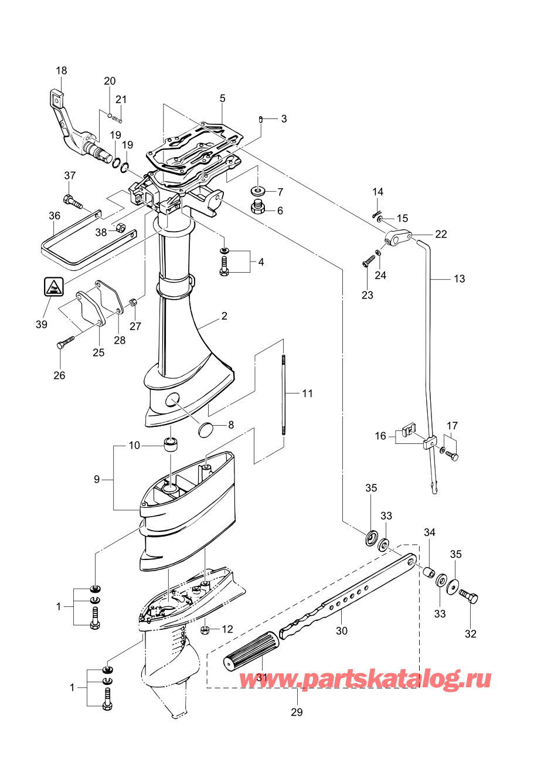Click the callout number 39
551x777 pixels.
pyautogui.click(x=41, y=324)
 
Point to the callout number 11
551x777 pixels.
pyautogui.click(x=308, y=393)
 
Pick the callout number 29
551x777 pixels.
pyautogui.click(x=297, y=712)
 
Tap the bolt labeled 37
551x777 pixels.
pyautogui.click(x=72, y=201)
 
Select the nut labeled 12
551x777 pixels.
pyautogui.click(x=206, y=630)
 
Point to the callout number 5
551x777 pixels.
pyautogui.click(x=223, y=99)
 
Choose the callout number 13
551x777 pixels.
pyautogui.click(x=459, y=279)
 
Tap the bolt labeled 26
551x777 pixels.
pyautogui.click(x=64, y=342)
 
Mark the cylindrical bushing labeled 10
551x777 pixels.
pyautogui.click(x=171, y=445)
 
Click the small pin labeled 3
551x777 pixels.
pyautogui.click(x=260, y=119)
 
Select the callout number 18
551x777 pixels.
pyautogui.click(x=61, y=70)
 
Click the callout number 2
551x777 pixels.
pyautogui.click(x=224, y=316)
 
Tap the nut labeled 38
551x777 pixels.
pyautogui.click(x=117, y=228)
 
